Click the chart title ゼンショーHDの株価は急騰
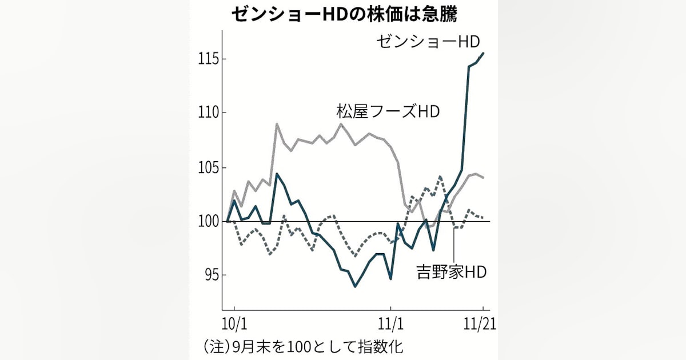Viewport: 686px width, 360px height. coord(344,14)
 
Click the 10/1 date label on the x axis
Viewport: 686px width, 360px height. coord(234,323)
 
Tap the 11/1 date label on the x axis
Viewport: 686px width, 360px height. coord(392,323)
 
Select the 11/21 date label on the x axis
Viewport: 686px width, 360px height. coord(479,323)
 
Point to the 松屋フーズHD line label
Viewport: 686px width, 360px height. coord(388,111)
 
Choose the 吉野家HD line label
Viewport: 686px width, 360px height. coord(452,272)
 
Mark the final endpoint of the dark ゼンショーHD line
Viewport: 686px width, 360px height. coord(484,53)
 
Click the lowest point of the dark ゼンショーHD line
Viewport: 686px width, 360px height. coord(355,286)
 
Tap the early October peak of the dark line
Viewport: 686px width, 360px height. coord(277,174)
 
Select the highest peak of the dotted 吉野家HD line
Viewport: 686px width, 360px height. coord(440,177)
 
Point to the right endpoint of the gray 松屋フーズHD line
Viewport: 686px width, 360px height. coord(484,177)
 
